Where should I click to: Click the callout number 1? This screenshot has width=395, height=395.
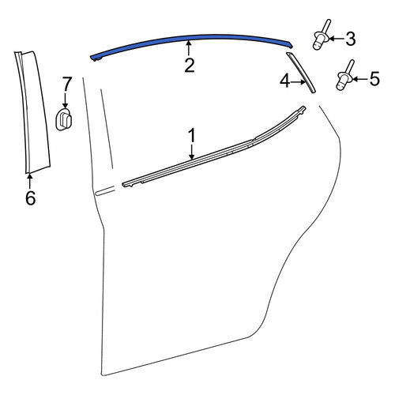click(192, 136)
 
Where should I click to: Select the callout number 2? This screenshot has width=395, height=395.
click(190, 66)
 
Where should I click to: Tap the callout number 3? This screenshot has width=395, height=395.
click(351, 39)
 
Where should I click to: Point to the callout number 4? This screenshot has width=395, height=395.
click(285, 81)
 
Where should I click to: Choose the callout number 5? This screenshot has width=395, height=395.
click(374, 79)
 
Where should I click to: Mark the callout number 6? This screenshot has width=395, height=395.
click(30, 197)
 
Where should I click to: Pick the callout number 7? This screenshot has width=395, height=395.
click(67, 83)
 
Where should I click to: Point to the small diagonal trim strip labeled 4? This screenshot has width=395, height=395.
click(301, 73)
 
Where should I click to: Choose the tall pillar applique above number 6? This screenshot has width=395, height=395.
click(33, 112)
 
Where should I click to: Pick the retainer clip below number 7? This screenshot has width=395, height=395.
click(63, 118)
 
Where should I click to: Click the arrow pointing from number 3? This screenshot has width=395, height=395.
click(337, 39)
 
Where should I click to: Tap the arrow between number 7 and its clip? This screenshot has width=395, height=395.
click(65, 100)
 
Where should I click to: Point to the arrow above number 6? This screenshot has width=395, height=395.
click(30, 181)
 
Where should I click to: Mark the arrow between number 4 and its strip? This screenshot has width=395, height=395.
click(299, 82)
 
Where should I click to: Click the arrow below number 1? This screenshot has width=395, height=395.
click(192, 152)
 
